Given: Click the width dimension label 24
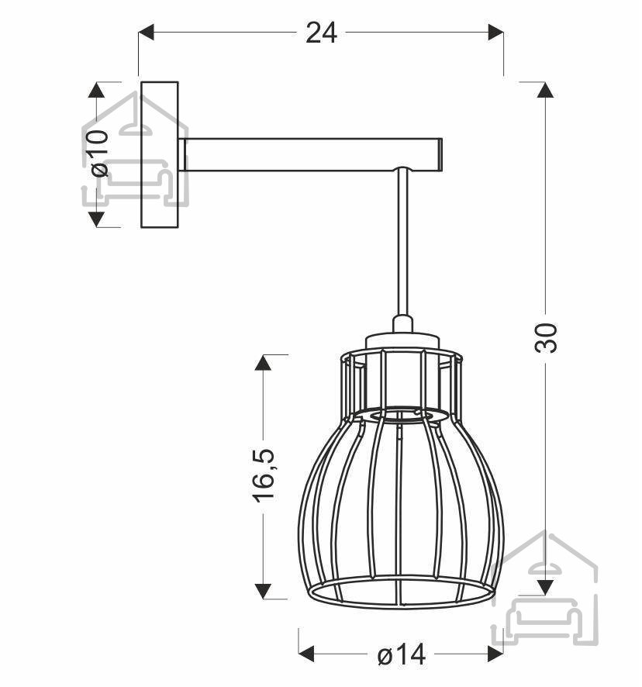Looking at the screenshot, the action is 321,33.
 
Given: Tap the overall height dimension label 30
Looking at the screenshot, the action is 546,338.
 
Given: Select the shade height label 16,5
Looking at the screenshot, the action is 264,475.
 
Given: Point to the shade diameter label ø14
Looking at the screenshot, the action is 401,654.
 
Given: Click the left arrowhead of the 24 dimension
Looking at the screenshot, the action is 147,33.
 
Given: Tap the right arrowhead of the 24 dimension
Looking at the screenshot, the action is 495,33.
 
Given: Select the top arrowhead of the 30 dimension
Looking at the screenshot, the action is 545,90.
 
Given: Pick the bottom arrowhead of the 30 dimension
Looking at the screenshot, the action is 545,588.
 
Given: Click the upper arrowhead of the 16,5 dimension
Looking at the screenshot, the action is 263,362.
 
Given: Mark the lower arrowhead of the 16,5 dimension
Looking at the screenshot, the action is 263,591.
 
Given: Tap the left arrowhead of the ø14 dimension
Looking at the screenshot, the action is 306,654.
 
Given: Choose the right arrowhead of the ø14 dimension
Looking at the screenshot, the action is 495,654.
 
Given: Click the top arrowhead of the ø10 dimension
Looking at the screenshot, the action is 96,90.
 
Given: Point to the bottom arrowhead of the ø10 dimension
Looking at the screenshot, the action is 96,219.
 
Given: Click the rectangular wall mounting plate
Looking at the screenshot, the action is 160,154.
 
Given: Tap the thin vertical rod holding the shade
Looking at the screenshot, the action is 403,243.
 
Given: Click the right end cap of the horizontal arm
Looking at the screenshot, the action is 440,154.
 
